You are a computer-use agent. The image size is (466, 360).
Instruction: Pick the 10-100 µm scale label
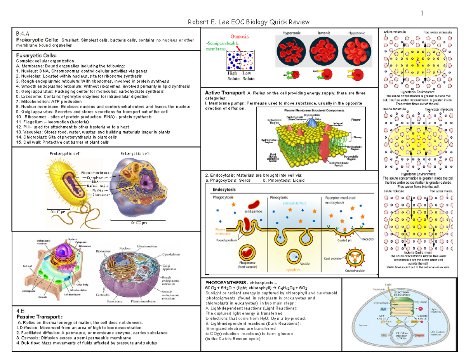pyautogui.click(x=138, y=223)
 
